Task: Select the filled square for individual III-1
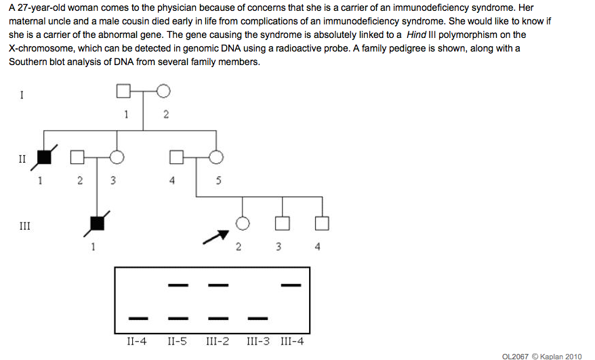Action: coord(98,222)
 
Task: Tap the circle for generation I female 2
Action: coord(163,90)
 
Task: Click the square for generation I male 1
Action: coord(123,90)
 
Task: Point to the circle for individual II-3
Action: coord(117,158)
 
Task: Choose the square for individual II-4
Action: coord(176,158)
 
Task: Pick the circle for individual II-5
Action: coord(216,158)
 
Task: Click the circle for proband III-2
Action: coord(242,222)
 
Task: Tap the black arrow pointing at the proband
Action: coord(216,237)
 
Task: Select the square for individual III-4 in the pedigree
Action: coord(322,222)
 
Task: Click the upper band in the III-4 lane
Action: coord(291,285)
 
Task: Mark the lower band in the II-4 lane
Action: coord(138,317)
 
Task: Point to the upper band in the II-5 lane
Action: coord(178,285)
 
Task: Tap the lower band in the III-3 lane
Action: coord(257,317)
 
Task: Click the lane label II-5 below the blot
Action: coord(178,340)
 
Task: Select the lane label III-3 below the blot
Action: coord(258,340)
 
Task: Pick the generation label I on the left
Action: coord(22,95)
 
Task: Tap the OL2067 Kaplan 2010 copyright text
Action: coord(541,356)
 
